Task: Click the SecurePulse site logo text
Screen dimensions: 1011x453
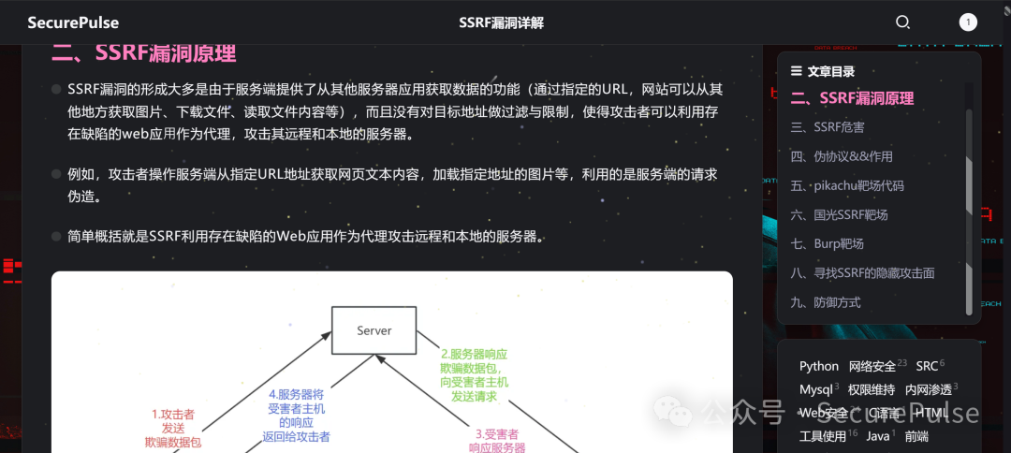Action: click(x=73, y=22)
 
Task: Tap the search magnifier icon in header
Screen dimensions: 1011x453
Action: click(x=902, y=22)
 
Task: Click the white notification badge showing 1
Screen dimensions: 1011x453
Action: click(x=968, y=22)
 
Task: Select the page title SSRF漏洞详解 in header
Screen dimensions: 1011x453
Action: click(x=501, y=22)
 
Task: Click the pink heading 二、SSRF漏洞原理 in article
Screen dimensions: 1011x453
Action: click(x=143, y=52)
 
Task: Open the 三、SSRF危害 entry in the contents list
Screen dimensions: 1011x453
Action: click(x=828, y=127)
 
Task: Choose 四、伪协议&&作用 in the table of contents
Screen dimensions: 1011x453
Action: click(x=842, y=156)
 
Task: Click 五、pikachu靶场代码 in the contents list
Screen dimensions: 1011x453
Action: click(x=847, y=185)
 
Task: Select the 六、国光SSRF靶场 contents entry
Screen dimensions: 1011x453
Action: click(x=839, y=214)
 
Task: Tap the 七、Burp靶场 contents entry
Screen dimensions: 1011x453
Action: click(x=827, y=243)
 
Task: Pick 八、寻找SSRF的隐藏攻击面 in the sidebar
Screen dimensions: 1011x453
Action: click(x=862, y=273)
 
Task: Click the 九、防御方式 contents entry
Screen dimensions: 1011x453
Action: click(x=825, y=302)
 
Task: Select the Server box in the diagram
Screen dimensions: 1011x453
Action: click(x=374, y=330)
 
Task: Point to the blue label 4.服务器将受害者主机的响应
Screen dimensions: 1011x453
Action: click(x=296, y=416)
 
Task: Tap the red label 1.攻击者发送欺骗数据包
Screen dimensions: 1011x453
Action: click(x=173, y=428)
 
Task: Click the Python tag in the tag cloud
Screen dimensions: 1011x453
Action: click(x=819, y=366)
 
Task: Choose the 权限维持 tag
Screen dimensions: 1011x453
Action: click(x=871, y=389)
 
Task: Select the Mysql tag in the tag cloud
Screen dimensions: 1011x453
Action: click(x=816, y=389)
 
